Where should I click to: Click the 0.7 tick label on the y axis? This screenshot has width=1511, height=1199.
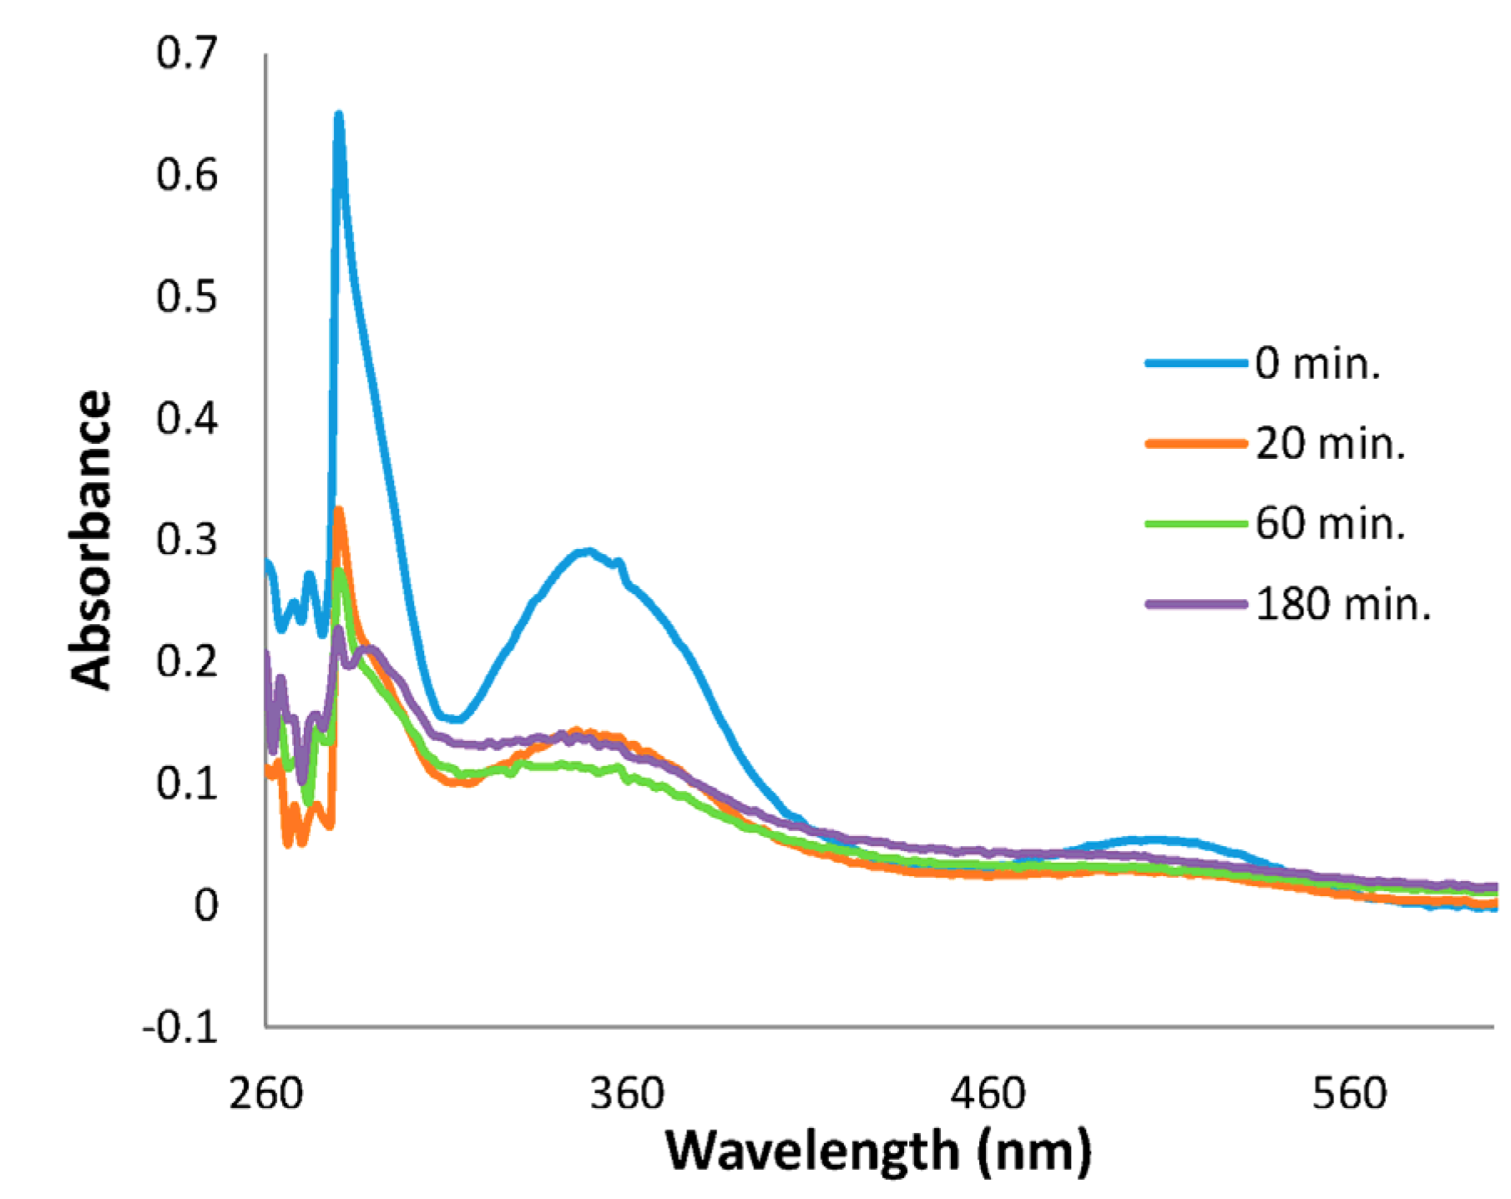coord(186,56)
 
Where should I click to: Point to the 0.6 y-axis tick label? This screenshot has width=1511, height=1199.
coord(186,178)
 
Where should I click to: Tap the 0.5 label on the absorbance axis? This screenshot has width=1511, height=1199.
coord(186,299)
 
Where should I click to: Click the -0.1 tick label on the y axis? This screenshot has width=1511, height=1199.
coord(179,1028)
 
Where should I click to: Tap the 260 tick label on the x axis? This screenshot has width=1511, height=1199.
coord(265,1094)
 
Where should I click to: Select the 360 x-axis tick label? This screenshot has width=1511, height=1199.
coord(626,1094)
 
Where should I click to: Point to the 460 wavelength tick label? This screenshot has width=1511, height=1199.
coord(988,1094)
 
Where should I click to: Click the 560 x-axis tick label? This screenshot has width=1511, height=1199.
coord(1349,1094)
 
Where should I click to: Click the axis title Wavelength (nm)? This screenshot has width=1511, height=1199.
coord(878,1151)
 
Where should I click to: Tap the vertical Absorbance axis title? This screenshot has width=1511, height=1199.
coord(90,542)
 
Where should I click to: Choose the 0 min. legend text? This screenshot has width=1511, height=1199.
coord(1318,365)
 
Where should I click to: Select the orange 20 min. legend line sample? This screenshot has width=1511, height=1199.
coord(1195,446)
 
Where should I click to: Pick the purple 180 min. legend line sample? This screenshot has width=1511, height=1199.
coord(1195,605)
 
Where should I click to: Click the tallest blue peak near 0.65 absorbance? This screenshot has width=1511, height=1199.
coord(339,117)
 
